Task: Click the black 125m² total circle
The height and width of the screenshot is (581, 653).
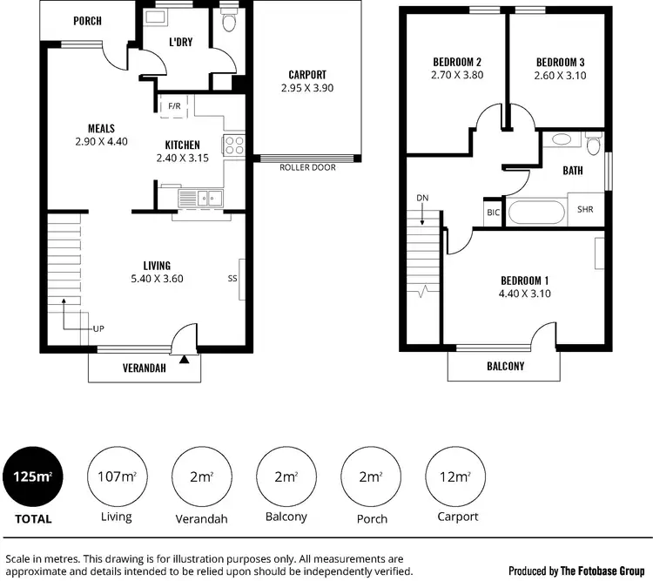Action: click(32, 476)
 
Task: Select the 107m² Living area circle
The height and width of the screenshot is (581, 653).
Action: click(116, 476)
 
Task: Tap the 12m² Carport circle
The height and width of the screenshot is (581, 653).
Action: click(457, 476)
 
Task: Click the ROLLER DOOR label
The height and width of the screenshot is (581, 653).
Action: click(306, 167)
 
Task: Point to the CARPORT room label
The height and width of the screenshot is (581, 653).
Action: click(307, 75)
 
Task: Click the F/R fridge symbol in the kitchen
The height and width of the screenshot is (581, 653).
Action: click(174, 106)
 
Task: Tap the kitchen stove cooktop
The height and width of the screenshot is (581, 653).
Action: click(234, 145)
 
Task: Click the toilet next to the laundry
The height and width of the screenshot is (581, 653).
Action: click(229, 23)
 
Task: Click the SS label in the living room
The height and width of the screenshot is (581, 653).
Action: click(232, 279)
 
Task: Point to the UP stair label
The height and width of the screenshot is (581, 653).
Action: click(98, 330)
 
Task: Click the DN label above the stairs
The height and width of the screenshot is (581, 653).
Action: click(422, 198)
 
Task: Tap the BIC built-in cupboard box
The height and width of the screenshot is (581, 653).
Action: click(493, 212)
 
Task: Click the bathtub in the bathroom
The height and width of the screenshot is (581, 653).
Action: click(535, 212)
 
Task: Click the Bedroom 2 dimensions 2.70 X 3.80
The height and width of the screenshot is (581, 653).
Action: click(457, 76)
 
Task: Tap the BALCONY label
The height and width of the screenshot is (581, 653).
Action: click(505, 367)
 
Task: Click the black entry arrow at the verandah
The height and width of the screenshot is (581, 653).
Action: click(184, 357)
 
